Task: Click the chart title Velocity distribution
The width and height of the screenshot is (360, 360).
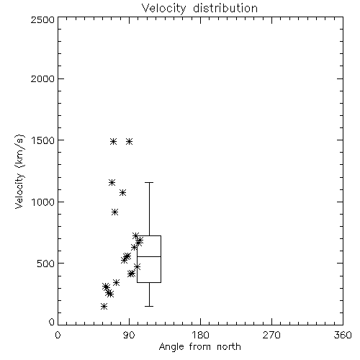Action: (199, 8)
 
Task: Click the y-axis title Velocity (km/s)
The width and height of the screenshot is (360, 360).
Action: (19, 171)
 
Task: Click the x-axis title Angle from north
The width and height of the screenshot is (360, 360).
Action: (199, 346)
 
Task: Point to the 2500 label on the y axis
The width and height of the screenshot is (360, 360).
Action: (42, 19)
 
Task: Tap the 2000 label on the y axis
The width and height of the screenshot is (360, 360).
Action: (42, 78)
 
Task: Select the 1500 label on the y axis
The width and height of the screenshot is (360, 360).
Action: (42, 140)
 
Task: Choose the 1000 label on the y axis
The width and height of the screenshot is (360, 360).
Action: (42, 202)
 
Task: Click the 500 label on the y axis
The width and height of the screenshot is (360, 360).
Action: (46, 264)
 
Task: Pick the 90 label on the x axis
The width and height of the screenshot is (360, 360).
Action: (130, 335)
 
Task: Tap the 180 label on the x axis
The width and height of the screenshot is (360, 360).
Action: (200, 335)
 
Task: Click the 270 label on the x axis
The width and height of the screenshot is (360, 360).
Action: (271, 335)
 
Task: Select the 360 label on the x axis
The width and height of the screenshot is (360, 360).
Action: (343, 335)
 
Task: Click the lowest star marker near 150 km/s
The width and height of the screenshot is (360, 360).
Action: (104, 306)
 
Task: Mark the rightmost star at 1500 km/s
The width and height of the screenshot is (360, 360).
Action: (130, 141)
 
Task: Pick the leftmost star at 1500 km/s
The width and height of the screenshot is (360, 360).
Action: (114, 141)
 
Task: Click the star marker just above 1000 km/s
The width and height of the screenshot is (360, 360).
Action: (123, 192)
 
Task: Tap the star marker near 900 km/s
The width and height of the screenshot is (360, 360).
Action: (115, 212)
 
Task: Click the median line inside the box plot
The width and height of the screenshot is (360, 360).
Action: (149, 256)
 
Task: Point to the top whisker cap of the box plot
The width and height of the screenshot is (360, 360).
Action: (149, 182)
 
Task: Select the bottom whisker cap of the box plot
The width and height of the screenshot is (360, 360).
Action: (149, 306)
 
